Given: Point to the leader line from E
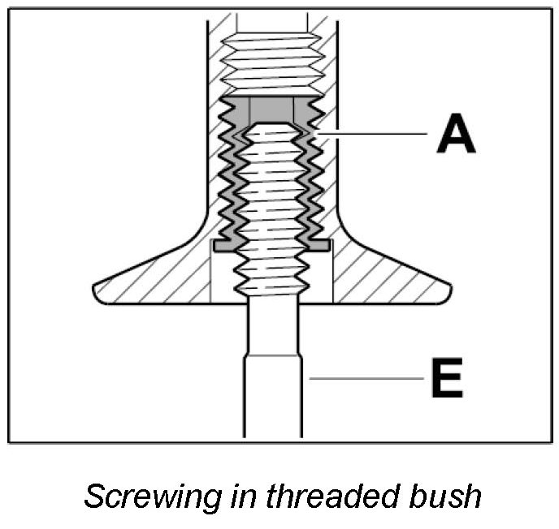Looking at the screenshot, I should [x=366, y=377].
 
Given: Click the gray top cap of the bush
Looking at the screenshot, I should [x=271, y=107].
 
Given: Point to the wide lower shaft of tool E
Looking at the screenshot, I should [x=272, y=398].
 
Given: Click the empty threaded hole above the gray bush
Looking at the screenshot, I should [x=271, y=57].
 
